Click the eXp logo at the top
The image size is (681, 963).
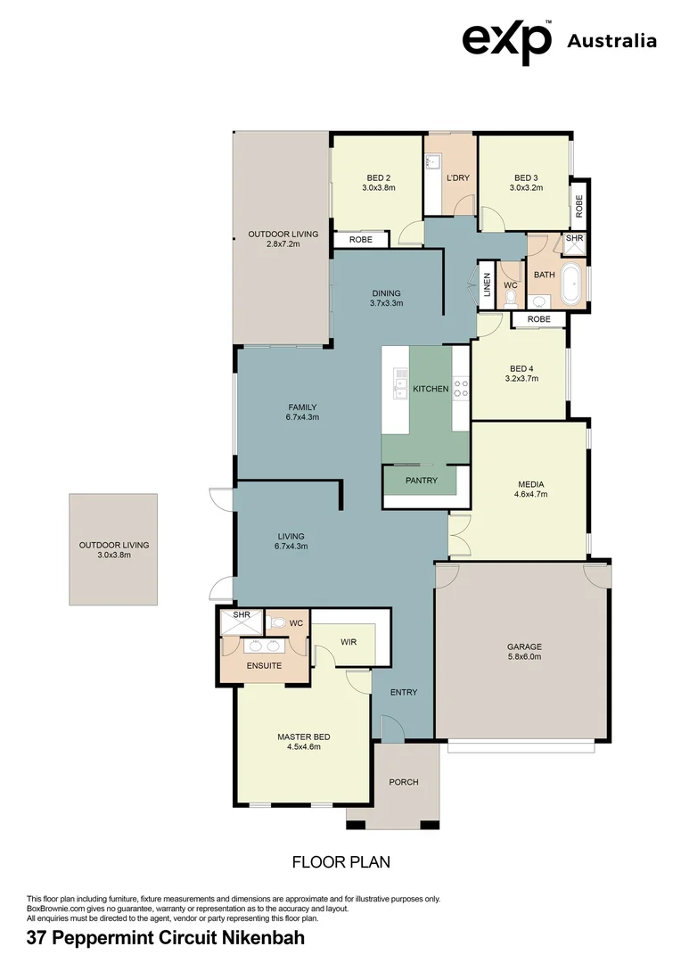click(506, 40)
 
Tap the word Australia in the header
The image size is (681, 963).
click(611, 41)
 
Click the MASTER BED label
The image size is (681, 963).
click(303, 737)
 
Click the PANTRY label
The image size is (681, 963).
click(421, 481)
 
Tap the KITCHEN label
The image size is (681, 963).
click(430, 389)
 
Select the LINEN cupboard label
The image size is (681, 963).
click(487, 284)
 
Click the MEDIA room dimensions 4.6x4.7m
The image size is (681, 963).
click(531, 494)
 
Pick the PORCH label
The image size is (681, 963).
click(403, 782)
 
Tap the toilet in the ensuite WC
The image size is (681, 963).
click(276, 623)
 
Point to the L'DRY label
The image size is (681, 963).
click(457, 178)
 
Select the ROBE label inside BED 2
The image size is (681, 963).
click(360, 240)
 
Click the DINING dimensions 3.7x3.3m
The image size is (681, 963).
click(386, 303)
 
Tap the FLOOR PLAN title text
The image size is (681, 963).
click(341, 862)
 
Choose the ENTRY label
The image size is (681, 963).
click(403, 692)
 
